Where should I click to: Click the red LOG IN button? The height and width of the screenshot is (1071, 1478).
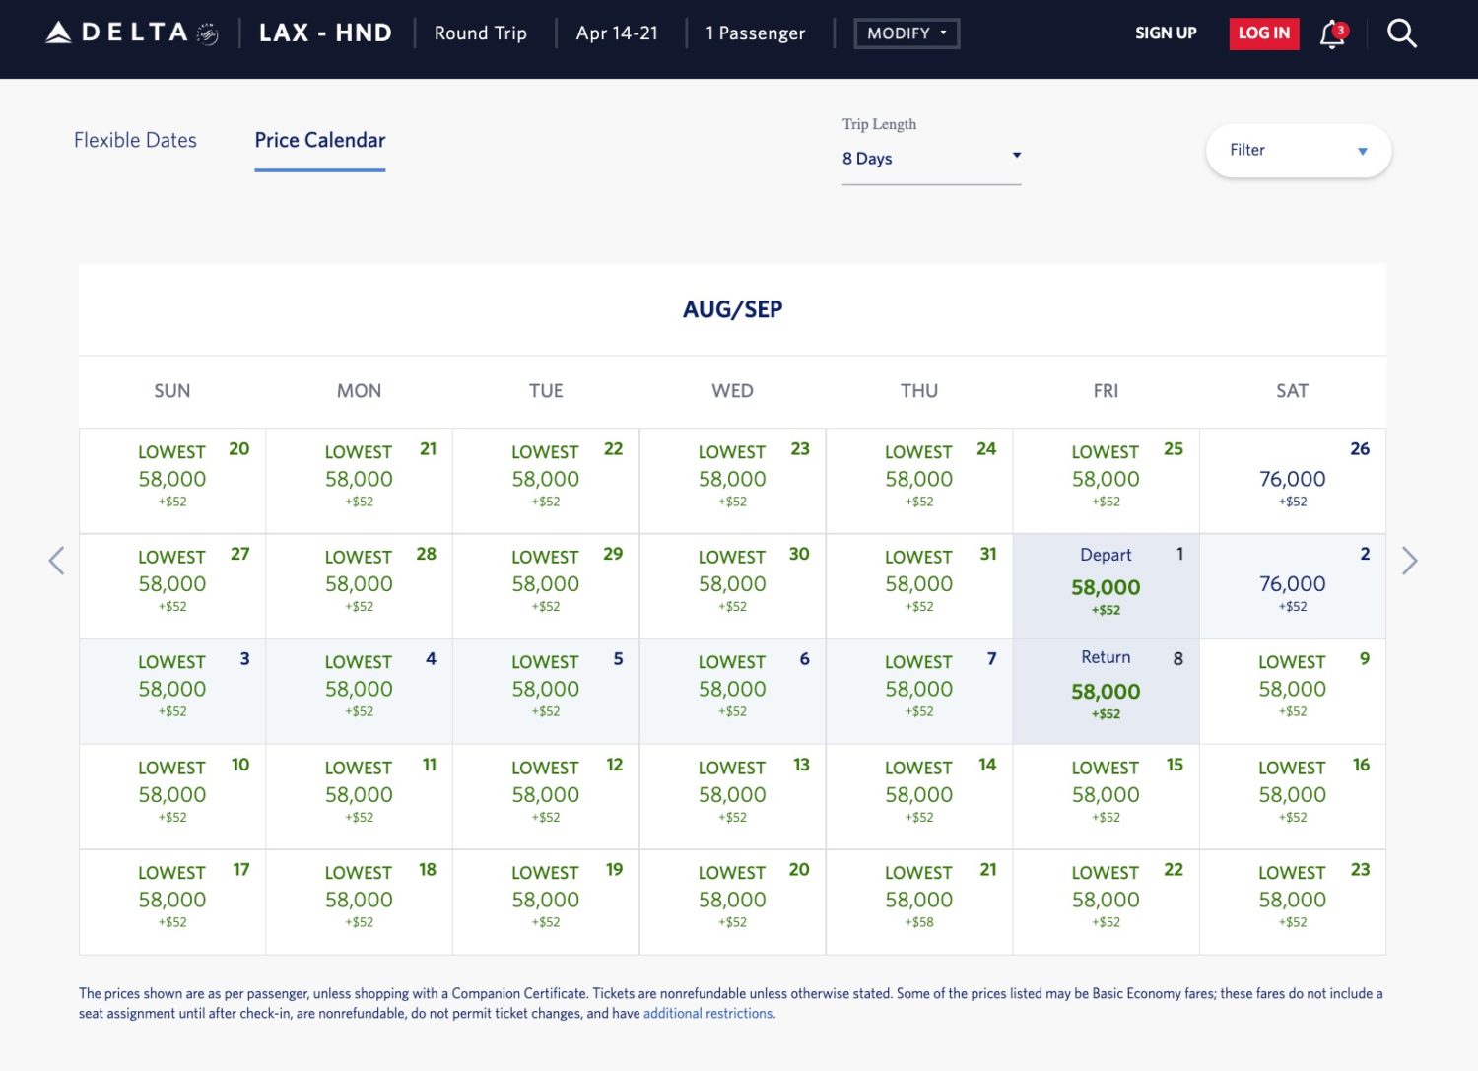pyautogui.click(x=1263, y=33)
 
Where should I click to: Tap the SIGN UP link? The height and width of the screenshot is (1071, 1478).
pyautogui.click(x=1165, y=33)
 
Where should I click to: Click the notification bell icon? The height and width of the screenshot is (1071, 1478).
pyautogui.click(x=1332, y=34)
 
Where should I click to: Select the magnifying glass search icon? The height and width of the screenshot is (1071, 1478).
pyautogui.click(x=1401, y=33)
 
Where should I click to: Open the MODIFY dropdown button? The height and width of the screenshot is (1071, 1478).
pyautogui.click(x=906, y=33)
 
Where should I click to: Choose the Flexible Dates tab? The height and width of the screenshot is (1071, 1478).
pyautogui.click(x=135, y=141)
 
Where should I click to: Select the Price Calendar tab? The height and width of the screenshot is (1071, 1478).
pyautogui.click(x=319, y=141)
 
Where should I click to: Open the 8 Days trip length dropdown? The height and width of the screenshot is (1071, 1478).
pyautogui.click(x=930, y=159)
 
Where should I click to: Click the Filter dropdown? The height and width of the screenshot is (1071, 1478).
pyautogui.click(x=1297, y=151)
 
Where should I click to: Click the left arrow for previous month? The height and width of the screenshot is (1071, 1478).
pyautogui.click(x=57, y=561)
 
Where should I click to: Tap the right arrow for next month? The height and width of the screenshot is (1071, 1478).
pyautogui.click(x=1409, y=561)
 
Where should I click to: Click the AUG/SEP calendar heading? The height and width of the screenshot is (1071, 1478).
pyautogui.click(x=732, y=309)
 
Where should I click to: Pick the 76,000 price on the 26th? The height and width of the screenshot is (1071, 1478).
pyautogui.click(x=1292, y=480)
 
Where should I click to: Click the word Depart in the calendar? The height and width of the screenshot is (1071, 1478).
pyautogui.click(x=1105, y=556)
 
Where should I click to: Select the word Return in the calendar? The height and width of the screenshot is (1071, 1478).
pyautogui.click(x=1105, y=657)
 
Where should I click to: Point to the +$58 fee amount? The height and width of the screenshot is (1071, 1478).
pyautogui.click(x=918, y=923)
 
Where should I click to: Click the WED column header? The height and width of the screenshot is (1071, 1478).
pyautogui.click(x=732, y=391)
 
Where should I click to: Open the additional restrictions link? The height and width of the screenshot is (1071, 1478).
pyautogui.click(x=708, y=1014)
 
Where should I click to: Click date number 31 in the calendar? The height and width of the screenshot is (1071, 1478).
pyautogui.click(x=987, y=555)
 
